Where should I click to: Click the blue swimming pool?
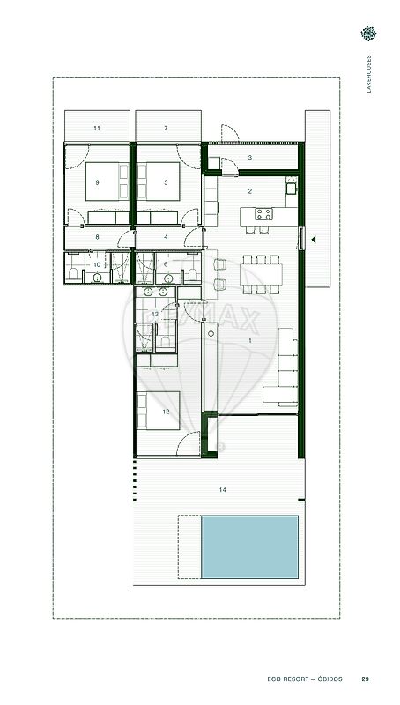point(249,546)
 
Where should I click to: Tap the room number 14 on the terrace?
point(223,490)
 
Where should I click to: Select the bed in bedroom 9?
point(107,182)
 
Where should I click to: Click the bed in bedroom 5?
point(159,182)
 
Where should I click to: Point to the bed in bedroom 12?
point(159,411)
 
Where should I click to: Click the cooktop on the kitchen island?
point(263,214)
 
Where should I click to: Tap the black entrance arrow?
point(314,240)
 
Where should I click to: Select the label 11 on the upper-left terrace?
point(97,128)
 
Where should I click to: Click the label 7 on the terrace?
point(166,128)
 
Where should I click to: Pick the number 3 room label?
point(250,158)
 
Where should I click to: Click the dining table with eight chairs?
point(261,274)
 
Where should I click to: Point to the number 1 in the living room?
point(250,340)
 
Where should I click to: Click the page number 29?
point(366,679)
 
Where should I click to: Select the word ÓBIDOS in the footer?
point(328,679)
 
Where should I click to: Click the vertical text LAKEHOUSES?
point(369,74)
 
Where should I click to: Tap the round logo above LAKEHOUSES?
point(368,33)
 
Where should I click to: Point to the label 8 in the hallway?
point(97,236)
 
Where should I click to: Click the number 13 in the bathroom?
point(155,315)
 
